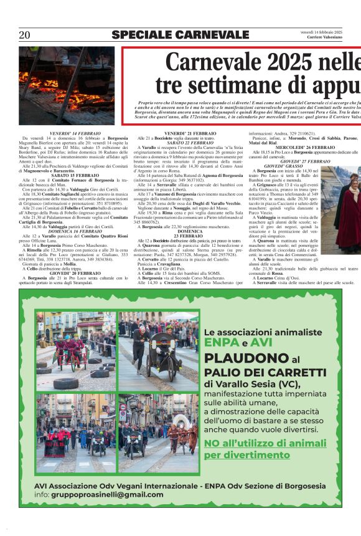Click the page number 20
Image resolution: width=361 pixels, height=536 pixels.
pyautogui.click(x=24, y=35)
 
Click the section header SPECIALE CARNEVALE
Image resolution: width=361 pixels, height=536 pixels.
pyautogui.click(x=180, y=35)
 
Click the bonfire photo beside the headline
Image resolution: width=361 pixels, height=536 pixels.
pyautogui.click(x=67, y=85)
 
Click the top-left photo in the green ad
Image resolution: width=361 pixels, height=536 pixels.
pyautogui.click(x=75, y=351)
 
